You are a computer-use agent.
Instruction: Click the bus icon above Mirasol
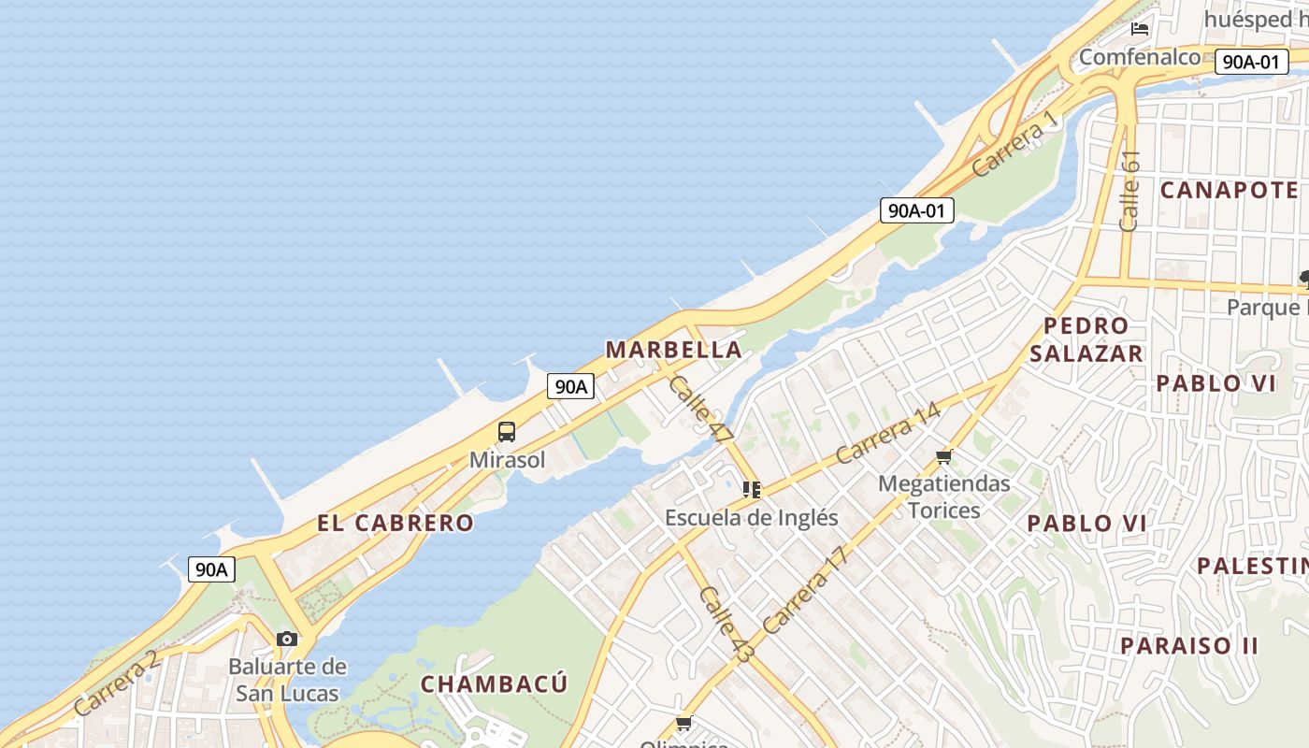pos(506,432)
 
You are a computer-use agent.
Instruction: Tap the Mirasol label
pos(507,460)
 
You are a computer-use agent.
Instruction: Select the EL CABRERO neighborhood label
pos(396,523)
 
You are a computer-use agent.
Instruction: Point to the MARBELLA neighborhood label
pos(673,350)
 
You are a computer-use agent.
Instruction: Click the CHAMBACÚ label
pos(494,683)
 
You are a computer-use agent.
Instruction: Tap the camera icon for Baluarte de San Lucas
pos(287,640)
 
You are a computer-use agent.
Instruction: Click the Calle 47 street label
pos(700,409)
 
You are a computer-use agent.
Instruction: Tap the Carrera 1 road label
pos(1017,143)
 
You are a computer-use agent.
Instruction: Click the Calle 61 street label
pos(1129,191)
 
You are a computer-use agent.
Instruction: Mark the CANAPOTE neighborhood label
pos(1229,190)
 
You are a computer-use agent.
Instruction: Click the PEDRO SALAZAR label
pos(1086,339)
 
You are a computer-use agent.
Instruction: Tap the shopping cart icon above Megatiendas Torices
pos(943,457)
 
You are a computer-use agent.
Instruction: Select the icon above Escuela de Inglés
pos(751,489)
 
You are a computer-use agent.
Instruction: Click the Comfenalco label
pos(1139,57)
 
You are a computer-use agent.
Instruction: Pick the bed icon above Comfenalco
pos(1139,29)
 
